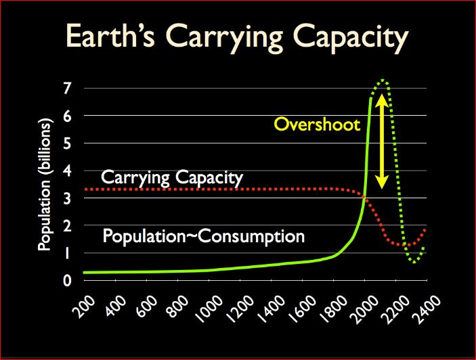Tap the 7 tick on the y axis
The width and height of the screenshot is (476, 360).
coord(68,88)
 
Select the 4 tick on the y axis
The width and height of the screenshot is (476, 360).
coord(68,171)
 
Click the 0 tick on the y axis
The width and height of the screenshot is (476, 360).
coord(68,280)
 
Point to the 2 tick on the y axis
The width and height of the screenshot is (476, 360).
coord(68,225)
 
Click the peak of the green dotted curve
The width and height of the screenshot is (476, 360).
coord(383,81)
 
